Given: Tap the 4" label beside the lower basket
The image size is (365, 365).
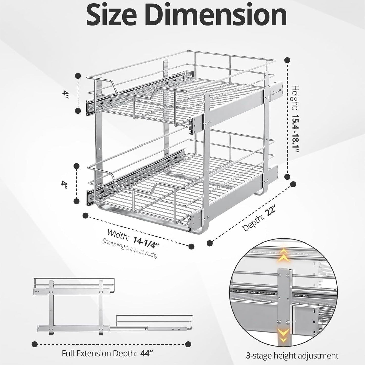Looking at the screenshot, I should [64, 183].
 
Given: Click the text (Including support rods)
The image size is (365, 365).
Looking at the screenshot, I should [130, 249].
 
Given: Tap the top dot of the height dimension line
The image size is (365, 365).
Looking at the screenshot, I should [287, 60].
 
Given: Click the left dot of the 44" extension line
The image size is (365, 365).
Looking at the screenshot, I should [35, 344].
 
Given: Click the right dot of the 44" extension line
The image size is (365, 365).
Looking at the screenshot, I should [188, 344].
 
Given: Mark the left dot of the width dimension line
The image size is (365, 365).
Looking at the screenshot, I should [85, 215].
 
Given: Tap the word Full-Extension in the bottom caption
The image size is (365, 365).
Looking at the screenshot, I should [82, 353].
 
